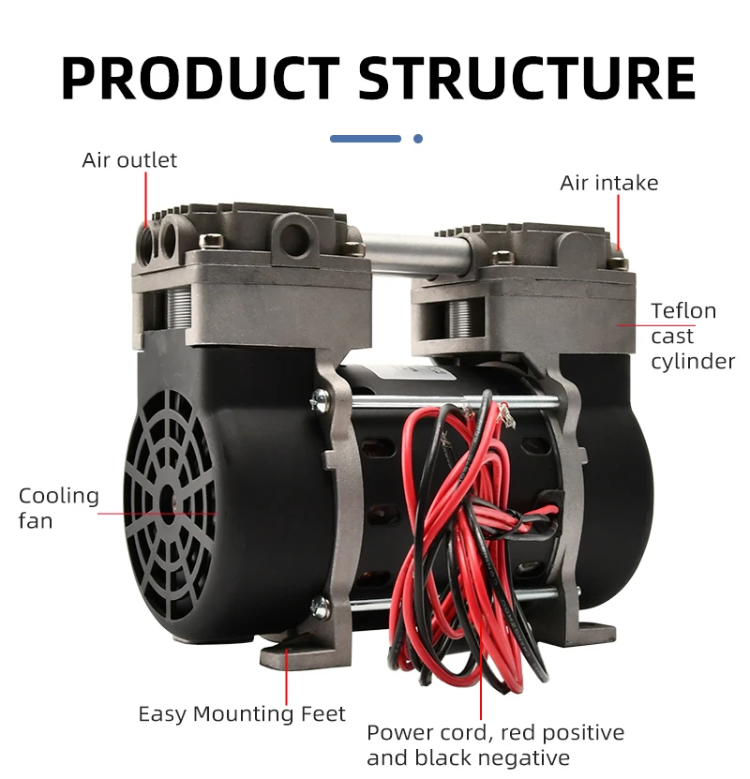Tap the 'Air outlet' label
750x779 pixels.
(x=129, y=160)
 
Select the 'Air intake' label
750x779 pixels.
(x=609, y=183)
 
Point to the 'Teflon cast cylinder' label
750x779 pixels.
(x=692, y=337)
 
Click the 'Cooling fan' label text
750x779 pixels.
(x=58, y=507)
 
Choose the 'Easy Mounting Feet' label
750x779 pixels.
(x=242, y=714)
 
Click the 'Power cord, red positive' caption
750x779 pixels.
(x=495, y=733)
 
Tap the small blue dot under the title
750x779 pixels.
(x=418, y=139)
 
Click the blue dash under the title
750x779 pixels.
(x=366, y=139)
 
